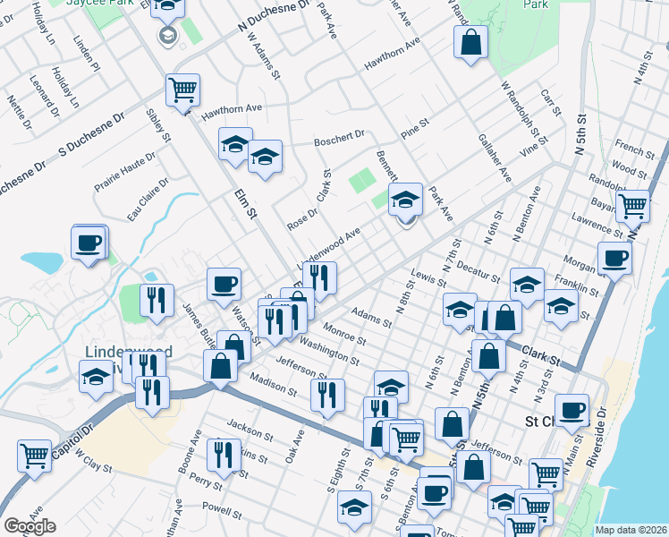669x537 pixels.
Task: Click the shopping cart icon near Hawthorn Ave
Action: (x=182, y=89)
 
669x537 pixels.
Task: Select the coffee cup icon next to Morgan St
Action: (x=614, y=259)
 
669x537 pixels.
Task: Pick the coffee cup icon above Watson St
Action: (x=224, y=285)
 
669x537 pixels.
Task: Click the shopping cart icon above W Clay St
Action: (x=34, y=455)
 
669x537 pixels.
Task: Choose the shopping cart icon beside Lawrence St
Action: (x=632, y=206)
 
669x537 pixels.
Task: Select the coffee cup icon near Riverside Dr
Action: (x=572, y=411)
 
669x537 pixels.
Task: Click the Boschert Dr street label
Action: (x=339, y=140)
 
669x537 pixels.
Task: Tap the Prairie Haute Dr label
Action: (x=125, y=173)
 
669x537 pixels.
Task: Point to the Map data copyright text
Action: (x=630, y=530)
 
